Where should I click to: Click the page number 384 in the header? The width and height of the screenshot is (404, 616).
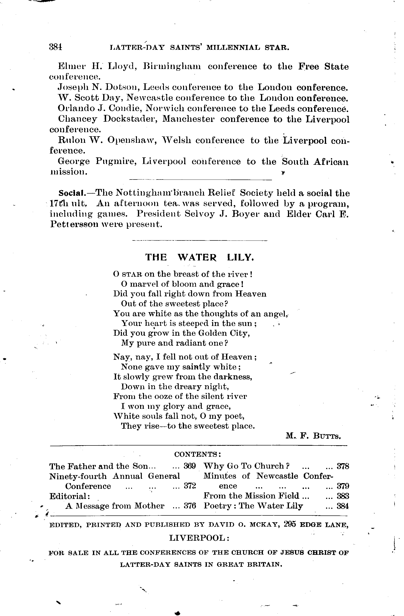coord(56,47)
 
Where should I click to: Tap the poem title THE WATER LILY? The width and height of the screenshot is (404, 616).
coord(199,257)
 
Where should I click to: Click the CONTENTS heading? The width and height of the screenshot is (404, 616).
coord(198,454)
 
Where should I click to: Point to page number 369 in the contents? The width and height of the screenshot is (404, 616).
coord(190,466)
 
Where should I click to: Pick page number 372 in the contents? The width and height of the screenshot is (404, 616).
coord(190,486)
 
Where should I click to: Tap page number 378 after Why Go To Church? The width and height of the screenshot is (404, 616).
coord(343,466)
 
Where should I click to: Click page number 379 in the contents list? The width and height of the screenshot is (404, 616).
coord(343,486)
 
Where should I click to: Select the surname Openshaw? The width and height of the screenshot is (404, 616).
coord(131,140)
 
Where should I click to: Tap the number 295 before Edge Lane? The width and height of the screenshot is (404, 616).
coord(290,524)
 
